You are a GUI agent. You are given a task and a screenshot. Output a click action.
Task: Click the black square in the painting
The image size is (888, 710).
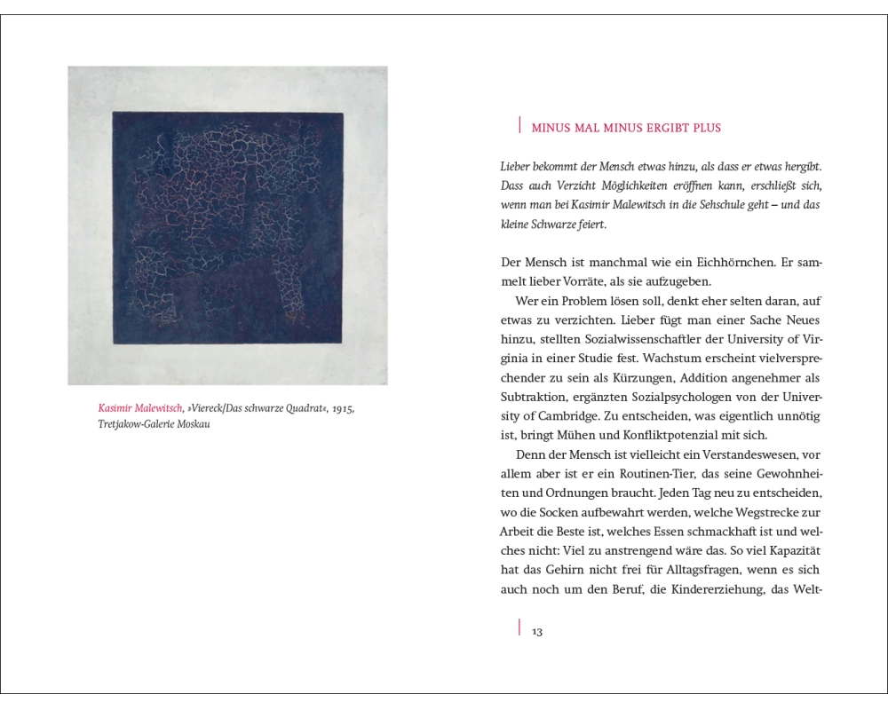226,226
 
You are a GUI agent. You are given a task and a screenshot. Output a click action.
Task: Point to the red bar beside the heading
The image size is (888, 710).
519,126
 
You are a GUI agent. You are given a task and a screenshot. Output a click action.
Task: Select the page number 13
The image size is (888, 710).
536,632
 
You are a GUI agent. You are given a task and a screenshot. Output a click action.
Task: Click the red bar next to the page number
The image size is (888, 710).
519,628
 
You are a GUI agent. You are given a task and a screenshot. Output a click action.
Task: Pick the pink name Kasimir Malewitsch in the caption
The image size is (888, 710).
140,408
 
